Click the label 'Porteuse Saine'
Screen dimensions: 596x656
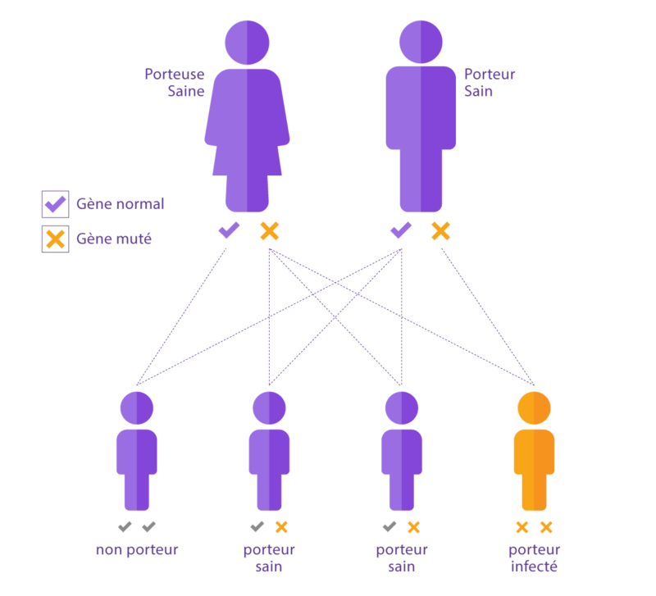click(x=175, y=82)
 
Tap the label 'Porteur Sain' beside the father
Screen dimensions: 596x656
click(x=490, y=82)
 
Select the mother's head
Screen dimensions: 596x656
click(x=247, y=42)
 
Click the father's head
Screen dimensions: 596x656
click(x=421, y=42)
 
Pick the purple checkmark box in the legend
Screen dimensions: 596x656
click(x=55, y=203)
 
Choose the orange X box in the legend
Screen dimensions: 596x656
click(x=55, y=239)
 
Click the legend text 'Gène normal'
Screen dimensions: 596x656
click(x=120, y=203)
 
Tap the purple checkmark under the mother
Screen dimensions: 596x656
click(x=229, y=230)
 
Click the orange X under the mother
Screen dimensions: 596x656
click(x=269, y=231)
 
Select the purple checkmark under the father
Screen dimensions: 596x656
click(x=401, y=230)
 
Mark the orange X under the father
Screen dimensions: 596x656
click(x=441, y=231)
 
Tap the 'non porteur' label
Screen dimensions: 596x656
click(x=136, y=550)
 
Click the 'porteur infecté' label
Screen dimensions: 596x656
click(x=535, y=558)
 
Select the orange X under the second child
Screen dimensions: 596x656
click(x=281, y=527)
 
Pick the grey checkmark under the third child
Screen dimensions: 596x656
click(x=389, y=526)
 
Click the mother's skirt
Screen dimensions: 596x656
click(x=247, y=156)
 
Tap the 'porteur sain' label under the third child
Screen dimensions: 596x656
click(x=402, y=558)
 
